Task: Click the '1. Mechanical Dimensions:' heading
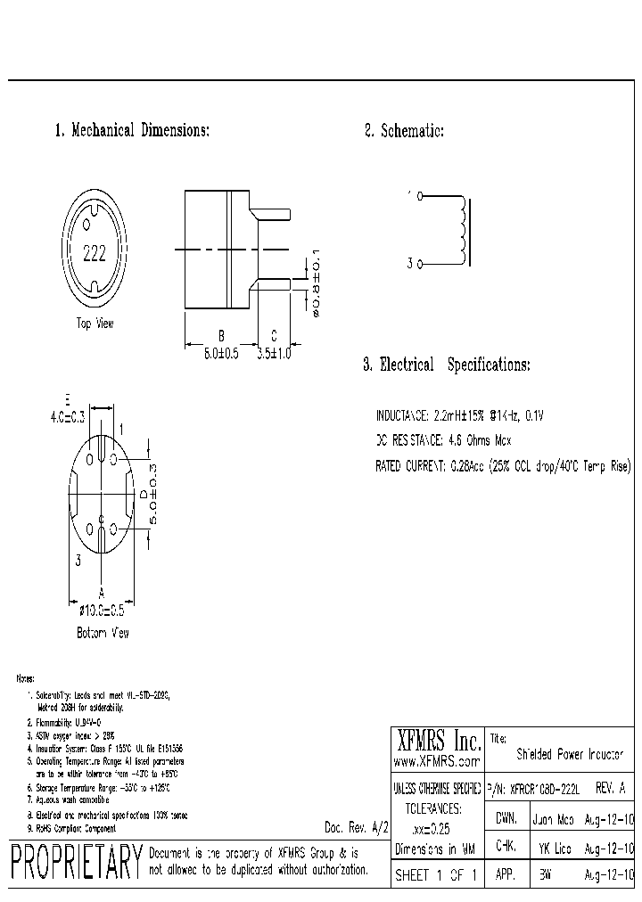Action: (x=132, y=131)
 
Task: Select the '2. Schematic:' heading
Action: (x=404, y=131)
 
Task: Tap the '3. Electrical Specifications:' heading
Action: (x=446, y=365)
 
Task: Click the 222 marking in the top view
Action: (x=94, y=252)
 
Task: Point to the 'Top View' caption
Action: (x=95, y=324)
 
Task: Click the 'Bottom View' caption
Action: (x=103, y=633)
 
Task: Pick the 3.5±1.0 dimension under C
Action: (x=274, y=354)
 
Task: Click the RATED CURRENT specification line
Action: (x=504, y=466)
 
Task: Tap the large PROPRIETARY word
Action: (x=76, y=862)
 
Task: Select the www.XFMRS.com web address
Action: (x=437, y=762)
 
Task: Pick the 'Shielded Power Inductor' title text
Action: (x=571, y=754)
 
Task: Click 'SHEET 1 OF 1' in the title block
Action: (x=437, y=875)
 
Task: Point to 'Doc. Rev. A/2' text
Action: (x=357, y=826)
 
